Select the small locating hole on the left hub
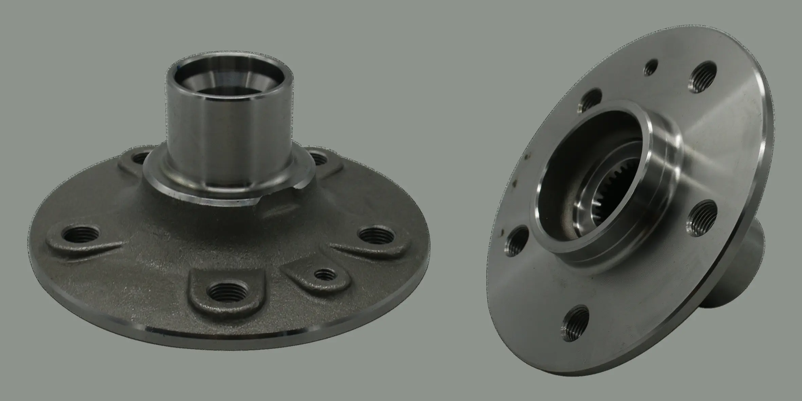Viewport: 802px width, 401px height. (x=325, y=274)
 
